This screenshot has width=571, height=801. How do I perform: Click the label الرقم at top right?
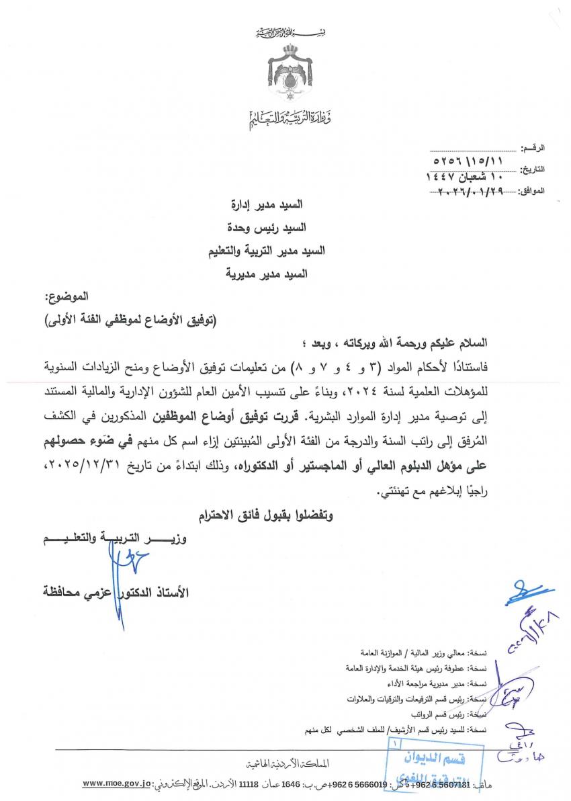point(533,146)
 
